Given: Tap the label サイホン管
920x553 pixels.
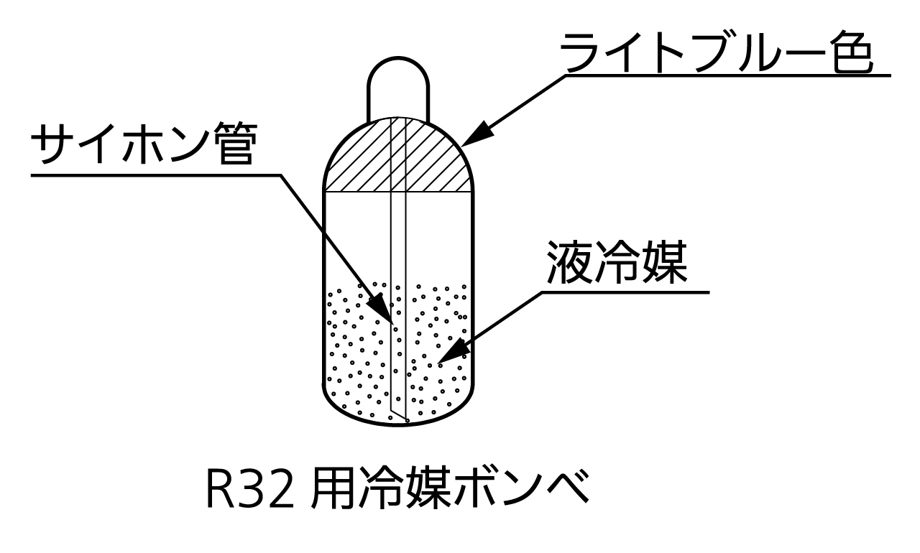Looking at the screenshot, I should (144, 147).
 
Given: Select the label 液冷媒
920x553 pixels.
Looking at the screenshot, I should (617, 264).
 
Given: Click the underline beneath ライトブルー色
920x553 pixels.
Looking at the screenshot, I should (726, 73).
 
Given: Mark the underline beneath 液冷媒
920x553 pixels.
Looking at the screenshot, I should (625, 292).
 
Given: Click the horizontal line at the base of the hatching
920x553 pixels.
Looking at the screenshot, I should (359, 192).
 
